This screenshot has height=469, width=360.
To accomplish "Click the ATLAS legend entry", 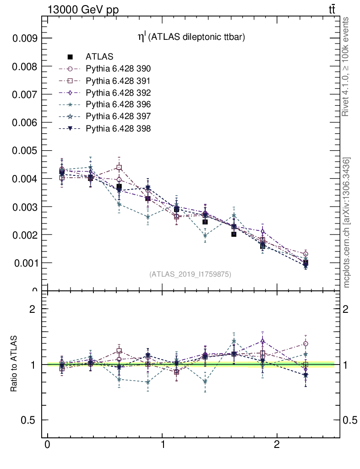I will pyautogui.click(x=99, y=57).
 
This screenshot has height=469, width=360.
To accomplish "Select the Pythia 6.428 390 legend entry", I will pyautogui.click(x=118, y=69).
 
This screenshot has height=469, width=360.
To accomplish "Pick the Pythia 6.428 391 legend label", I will pyautogui.click(x=118, y=81).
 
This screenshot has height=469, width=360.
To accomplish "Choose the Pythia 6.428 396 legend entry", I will pyautogui.click(x=118, y=104).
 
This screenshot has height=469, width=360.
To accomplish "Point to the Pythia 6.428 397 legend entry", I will pyautogui.click(x=118, y=116).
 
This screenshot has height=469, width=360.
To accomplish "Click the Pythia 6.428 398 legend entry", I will pyautogui.click(x=118, y=129).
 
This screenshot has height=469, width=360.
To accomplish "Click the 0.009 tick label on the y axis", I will pyautogui.click(x=24, y=38).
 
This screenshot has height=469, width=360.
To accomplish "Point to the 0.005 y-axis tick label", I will pyautogui.click(x=24, y=151).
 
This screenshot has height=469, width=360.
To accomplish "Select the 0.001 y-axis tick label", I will pyautogui.click(x=24, y=263).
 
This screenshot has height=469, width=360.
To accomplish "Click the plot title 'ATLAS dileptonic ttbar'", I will pyautogui.click(x=192, y=38).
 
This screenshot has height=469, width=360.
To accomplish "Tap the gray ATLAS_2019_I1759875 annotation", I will pyautogui.click(x=190, y=274).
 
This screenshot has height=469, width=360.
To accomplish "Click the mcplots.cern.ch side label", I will pyautogui.click(x=347, y=223).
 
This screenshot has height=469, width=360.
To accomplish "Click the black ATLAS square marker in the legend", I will pyautogui.click(x=70, y=57).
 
